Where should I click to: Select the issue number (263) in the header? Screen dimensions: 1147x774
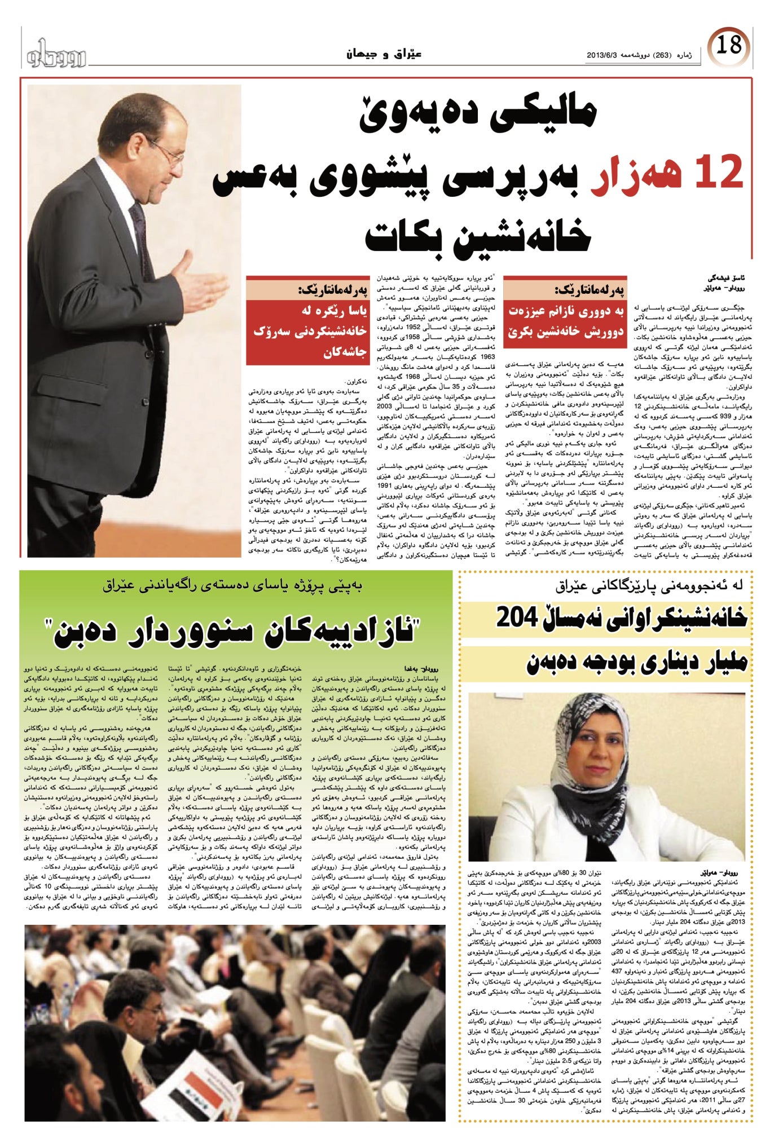tap(660, 55)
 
